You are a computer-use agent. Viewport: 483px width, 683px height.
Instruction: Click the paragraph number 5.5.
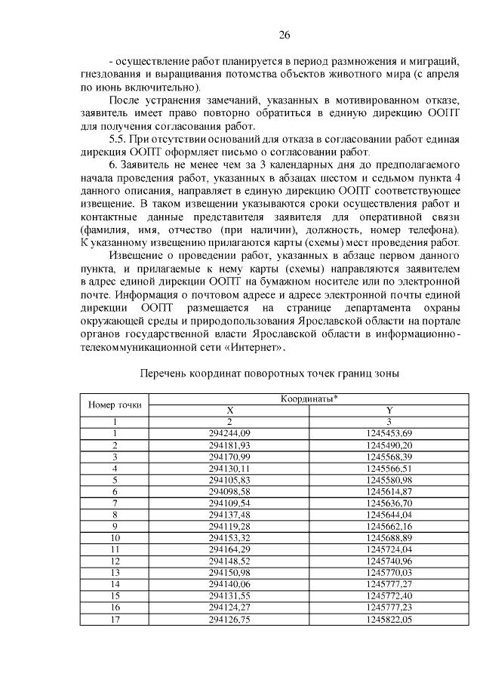tap(121, 140)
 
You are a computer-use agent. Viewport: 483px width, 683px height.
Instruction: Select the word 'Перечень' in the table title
tap(166, 373)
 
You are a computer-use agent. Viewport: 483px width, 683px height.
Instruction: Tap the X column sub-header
tap(230, 410)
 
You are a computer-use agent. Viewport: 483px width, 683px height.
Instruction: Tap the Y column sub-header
tap(389, 410)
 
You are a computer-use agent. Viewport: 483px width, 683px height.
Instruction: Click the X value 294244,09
tap(230, 433)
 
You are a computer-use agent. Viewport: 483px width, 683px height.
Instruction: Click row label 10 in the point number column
tap(115, 537)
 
